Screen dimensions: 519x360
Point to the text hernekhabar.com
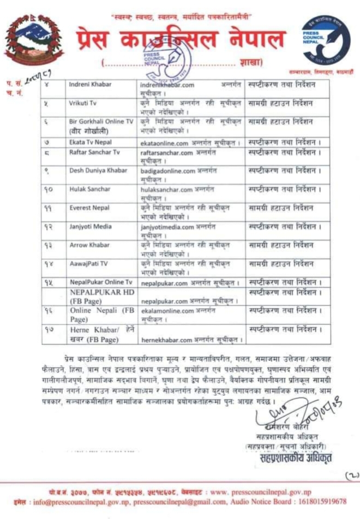pos(166,340)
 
